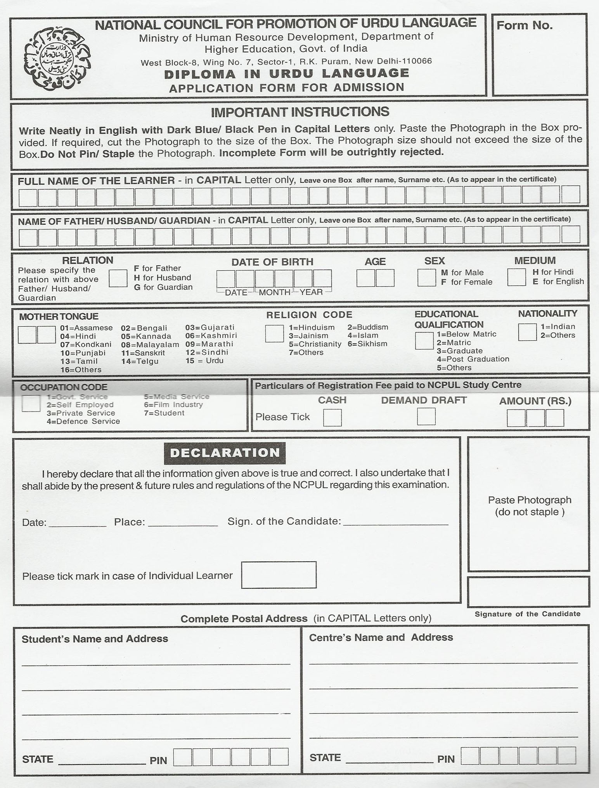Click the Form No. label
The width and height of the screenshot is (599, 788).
click(524, 26)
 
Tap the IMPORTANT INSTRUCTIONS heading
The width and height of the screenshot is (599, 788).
click(300, 112)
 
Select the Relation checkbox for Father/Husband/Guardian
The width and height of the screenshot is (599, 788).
click(118, 278)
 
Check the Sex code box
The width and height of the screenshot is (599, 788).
click(426, 278)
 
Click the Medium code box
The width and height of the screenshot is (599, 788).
click(516, 277)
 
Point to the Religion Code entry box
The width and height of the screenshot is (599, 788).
click(274, 333)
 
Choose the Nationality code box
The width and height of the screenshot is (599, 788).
click(527, 332)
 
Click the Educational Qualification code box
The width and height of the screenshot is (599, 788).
click(424, 340)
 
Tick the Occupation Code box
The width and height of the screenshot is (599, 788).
click(31, 403)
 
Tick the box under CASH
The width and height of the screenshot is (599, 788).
click(332, 418)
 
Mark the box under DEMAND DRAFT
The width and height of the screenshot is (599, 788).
click(426, 417)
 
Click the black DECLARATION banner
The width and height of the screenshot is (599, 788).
click(225, 453)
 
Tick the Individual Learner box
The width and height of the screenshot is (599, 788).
click(279, 575)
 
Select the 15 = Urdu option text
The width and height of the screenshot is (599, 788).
click(204, 361)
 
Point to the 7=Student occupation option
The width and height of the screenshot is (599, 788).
click(164, 413)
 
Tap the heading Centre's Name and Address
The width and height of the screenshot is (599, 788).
click(381, 637)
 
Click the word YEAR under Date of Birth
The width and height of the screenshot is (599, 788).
click(311, 292)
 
